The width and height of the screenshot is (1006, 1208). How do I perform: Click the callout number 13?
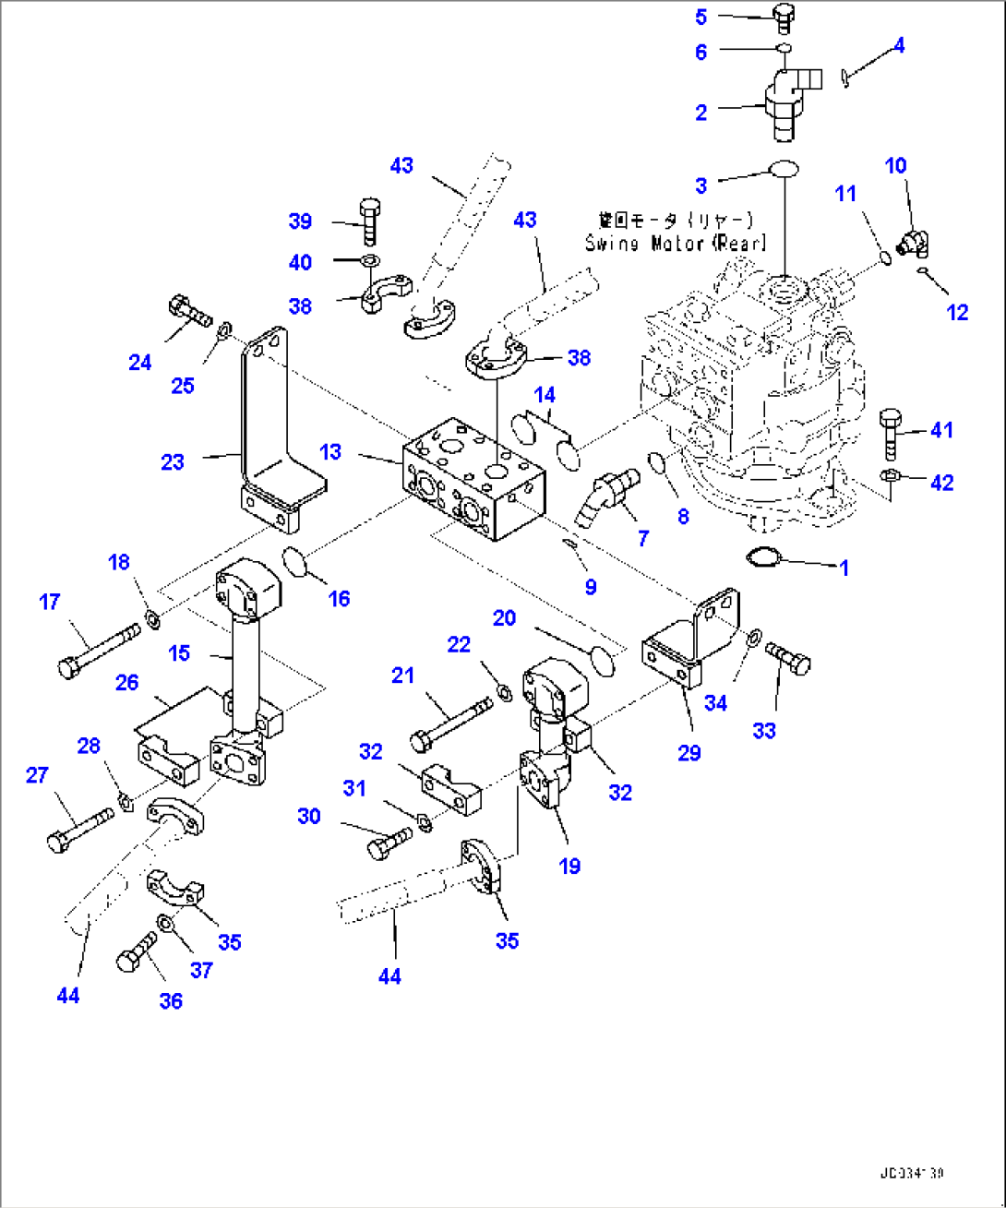330,452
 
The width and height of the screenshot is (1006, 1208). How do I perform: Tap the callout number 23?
173,461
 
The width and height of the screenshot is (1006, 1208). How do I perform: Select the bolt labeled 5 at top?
784,18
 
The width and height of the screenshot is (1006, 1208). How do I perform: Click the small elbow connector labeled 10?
916,243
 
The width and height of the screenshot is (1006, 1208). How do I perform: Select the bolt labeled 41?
892,432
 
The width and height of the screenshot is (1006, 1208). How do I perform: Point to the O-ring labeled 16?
294,561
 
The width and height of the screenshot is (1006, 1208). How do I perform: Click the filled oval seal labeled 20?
601,661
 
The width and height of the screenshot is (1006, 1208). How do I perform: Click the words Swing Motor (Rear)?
676,243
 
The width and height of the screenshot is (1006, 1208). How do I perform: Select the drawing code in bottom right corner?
911,1174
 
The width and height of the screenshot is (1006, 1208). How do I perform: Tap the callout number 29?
689,752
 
